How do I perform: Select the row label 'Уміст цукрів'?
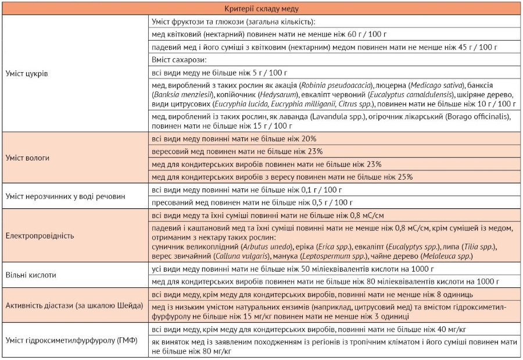(27, 74)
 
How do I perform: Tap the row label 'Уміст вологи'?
(27, 158)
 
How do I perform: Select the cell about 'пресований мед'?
(253, 202)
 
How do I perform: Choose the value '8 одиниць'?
(440, 294)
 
